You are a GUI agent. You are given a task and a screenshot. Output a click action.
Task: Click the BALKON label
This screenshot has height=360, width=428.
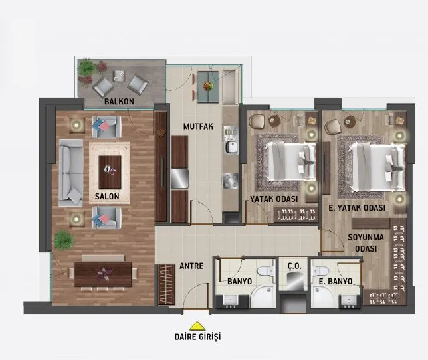click(x=119, y=102)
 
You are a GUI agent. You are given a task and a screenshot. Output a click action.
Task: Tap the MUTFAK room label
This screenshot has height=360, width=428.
click(x=198, y=126)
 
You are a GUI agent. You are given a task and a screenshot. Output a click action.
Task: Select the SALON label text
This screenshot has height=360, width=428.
click(x=107, y=196)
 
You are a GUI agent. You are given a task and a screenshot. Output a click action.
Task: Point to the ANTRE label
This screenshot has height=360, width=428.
click(x=191, y=266)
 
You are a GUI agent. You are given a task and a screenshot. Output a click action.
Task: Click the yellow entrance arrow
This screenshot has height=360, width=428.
click(x=197, y=326)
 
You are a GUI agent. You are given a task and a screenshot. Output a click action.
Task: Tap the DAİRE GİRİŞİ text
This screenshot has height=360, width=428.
click(x=197, y=337)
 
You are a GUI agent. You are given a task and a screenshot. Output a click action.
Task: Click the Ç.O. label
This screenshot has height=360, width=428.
click(x=294, y=266)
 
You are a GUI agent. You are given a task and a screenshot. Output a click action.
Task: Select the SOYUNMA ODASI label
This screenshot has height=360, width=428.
click(x=366, y=243)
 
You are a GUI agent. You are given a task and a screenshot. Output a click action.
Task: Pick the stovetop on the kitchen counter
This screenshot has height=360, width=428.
click(x=230, y=181)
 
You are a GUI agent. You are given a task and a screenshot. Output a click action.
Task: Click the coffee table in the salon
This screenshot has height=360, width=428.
click(x=110, y=172)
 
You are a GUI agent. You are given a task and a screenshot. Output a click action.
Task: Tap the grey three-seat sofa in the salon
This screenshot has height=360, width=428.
click(x=70, y=173)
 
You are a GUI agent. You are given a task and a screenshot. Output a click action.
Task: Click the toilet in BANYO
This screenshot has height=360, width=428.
click(x=266, y=271)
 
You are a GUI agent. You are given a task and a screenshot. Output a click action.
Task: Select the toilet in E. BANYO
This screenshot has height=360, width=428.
click(x=321, y=271)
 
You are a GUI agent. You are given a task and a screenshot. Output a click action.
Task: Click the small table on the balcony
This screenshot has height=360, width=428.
click(x=119, y=76)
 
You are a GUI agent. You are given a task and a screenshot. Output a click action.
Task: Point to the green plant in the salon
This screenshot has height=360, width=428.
click(x=64, y=240)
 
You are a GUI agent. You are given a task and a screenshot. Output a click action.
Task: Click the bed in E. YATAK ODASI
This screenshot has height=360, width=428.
click(x=377, y=166)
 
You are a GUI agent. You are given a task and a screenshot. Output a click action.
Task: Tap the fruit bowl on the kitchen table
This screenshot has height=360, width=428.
click(x=208, y=86)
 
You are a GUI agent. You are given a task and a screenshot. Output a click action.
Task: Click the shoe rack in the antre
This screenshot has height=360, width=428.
click(x=166, y=284)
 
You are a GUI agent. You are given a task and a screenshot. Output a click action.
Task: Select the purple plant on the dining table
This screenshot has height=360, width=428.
click(x=104, y=274)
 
